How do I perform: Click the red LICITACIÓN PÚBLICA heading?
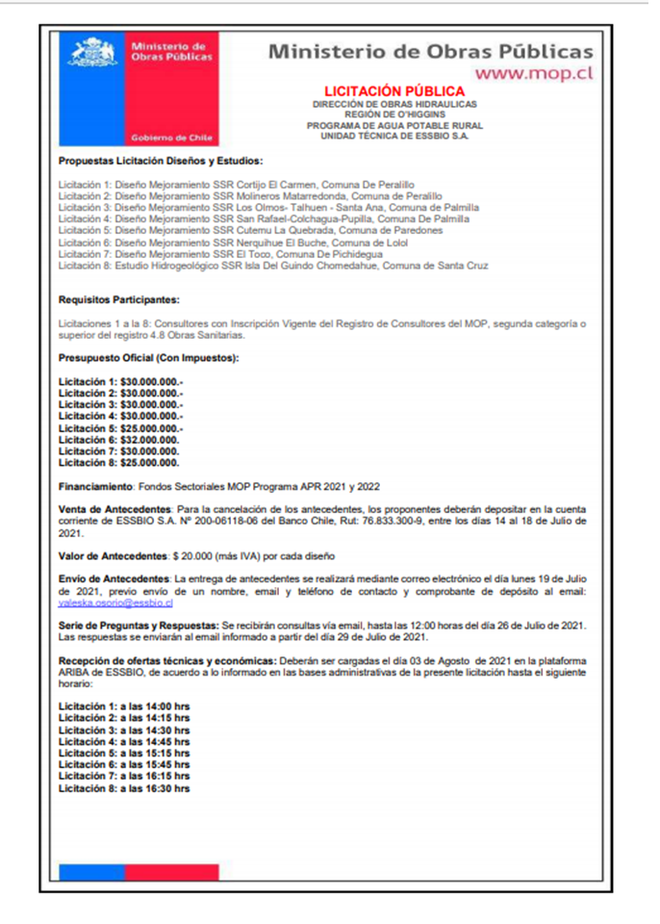point(394,91)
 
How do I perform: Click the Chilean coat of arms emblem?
point(92,52)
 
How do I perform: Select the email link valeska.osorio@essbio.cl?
point(115,603)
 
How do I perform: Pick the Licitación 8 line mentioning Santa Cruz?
point(273,265)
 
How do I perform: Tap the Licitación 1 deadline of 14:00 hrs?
point(124,706)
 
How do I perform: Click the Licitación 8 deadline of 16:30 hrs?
point(124,788)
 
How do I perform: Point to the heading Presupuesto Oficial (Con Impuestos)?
point(148,359)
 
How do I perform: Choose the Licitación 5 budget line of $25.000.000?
point(121,426)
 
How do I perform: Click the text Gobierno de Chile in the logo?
point(173,138)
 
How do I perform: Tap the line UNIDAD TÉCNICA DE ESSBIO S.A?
point(394,136)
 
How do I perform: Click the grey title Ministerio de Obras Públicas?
point(430,51)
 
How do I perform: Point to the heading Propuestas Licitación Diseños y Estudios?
point(160,161)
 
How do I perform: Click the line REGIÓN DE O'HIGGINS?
point(394,115)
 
